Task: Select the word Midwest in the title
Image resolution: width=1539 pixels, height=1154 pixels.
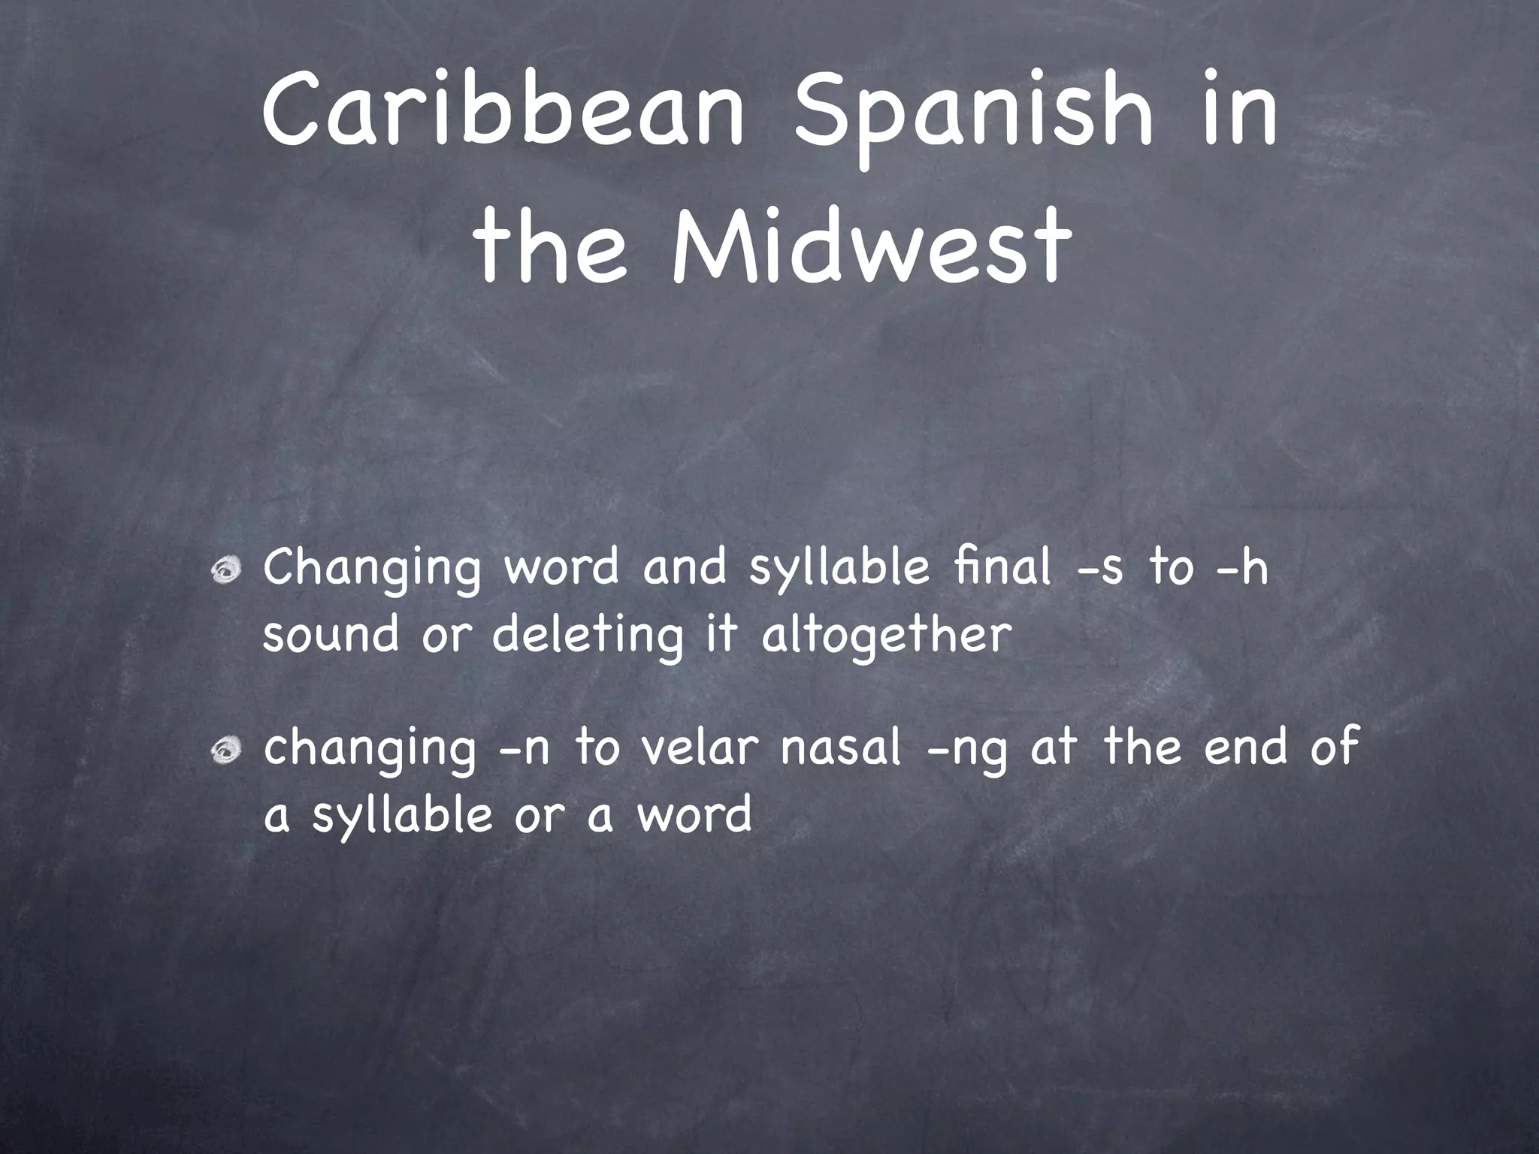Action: [871, 241]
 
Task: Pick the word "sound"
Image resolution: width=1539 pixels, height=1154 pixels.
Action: [331, 636]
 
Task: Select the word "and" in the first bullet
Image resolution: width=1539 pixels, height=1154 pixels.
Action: [685, 567]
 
